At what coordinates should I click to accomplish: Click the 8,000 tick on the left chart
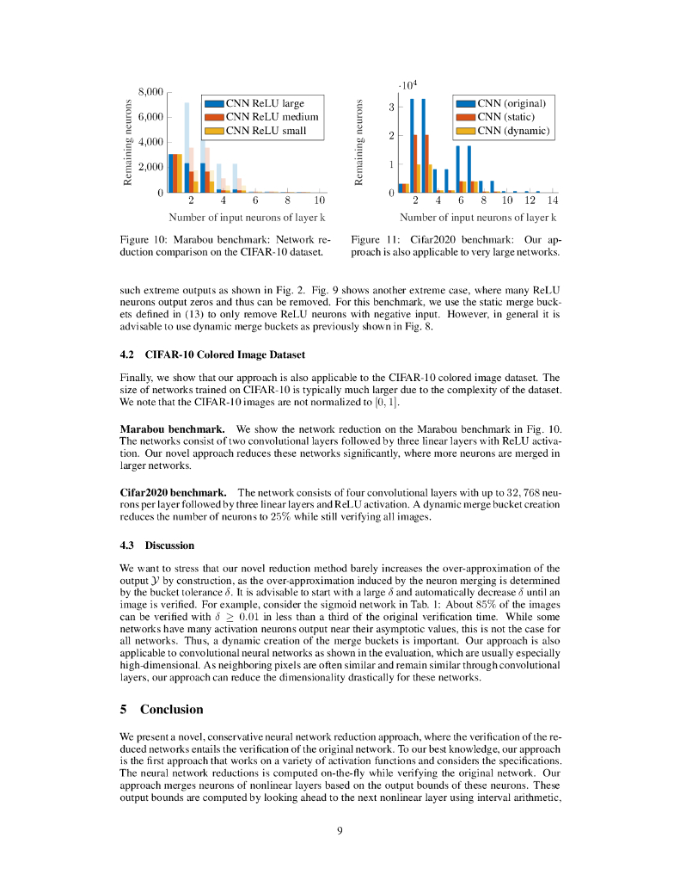click(150, 91)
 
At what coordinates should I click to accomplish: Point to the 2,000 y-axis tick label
click(150, 167)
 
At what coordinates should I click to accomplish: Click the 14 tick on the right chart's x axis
click(552, 200)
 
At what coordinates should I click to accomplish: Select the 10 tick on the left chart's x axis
click(319, 200)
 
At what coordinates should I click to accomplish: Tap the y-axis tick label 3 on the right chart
click(392, 108)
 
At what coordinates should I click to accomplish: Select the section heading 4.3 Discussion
click(157, 545)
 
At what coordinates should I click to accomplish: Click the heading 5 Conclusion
click(162, 710)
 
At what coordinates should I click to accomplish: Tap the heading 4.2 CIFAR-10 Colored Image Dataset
click(212, 354)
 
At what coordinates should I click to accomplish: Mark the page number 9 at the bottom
click(340, 830)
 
